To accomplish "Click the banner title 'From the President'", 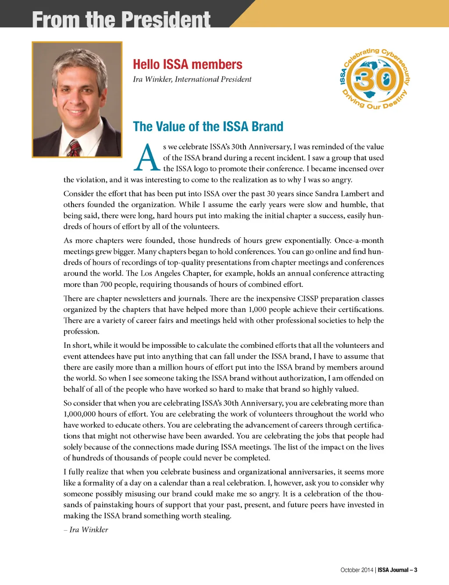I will coord(121,19).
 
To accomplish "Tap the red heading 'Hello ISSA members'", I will coord(187,64).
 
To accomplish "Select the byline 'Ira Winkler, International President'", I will coord(192,79).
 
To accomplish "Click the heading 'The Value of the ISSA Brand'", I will coord(208,127).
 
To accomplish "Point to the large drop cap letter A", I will coord(146,158).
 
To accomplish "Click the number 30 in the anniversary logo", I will coord(375,79).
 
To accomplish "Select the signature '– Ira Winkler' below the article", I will coord(86,530).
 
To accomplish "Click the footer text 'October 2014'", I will coord(356,570).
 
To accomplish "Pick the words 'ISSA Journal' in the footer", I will coord(393,570).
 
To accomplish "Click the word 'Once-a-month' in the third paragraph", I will coord(359,241).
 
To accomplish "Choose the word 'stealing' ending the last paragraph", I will coord(217,516).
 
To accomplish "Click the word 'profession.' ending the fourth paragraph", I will coord(82,332).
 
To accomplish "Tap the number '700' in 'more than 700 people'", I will coord(107,285).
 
